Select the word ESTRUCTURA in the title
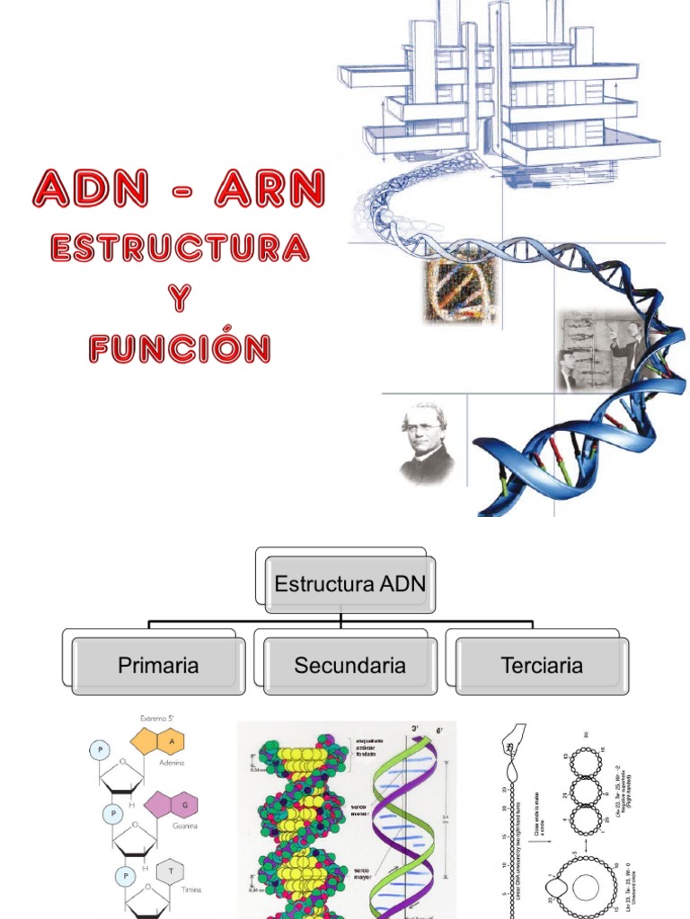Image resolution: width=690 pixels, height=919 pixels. point(180,247)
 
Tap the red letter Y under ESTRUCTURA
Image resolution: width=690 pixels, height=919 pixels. point(181,298)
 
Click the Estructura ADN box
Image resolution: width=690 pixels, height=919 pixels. point(350,584)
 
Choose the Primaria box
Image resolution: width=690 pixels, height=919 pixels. point(158,666)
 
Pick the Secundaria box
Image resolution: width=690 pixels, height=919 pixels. point(349,666)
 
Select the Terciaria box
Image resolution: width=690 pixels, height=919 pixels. point(542,666)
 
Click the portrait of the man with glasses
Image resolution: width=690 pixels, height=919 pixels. point(425,442)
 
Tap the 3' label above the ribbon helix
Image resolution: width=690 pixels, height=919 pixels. point(414,728)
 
